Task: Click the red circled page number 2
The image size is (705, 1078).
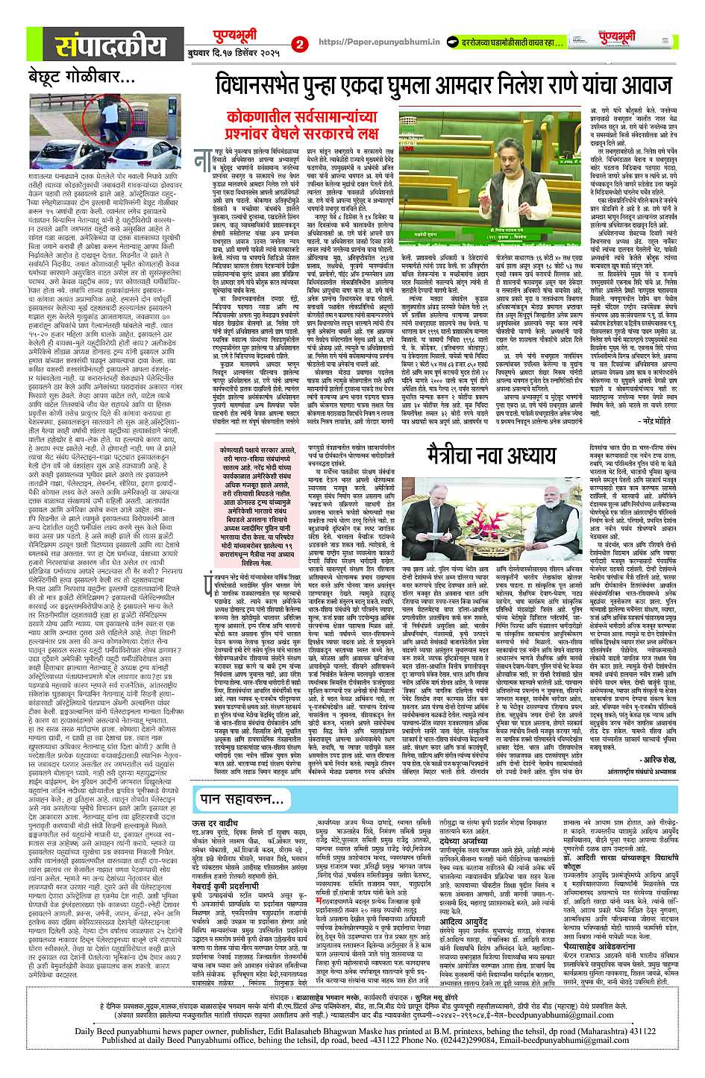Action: (300, 44)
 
